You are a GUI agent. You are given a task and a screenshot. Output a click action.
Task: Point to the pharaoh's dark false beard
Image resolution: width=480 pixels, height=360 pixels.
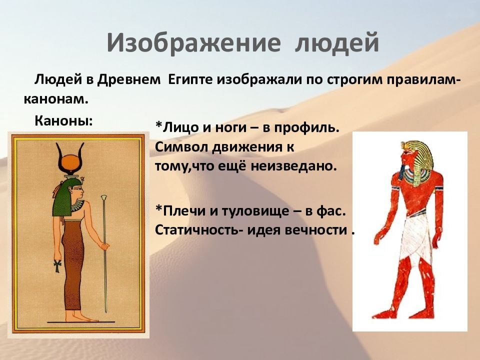(x=402, y=172)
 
